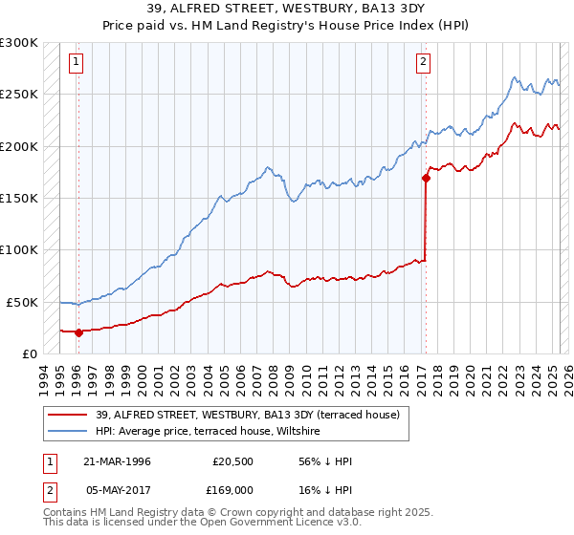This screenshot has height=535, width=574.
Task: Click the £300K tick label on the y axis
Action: coord(19,43)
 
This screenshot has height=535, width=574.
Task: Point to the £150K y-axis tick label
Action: coord(19,198)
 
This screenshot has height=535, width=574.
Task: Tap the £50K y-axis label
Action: coord(22,302)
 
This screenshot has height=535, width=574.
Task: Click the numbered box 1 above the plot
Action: coord(77,63)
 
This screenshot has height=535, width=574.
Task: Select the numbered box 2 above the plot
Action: coord(423,63)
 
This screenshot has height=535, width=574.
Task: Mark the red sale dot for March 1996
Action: coord(78,332)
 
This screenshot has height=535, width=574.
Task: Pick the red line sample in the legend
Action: coord(68,415)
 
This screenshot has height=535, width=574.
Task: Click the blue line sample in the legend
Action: coord(68,432)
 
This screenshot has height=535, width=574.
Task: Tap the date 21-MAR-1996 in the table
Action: coord(117,461)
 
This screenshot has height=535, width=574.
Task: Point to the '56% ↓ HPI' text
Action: coord(325,461)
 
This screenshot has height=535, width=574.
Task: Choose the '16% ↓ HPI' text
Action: coord(325,490)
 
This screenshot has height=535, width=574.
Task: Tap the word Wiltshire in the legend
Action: coord(303,432)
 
